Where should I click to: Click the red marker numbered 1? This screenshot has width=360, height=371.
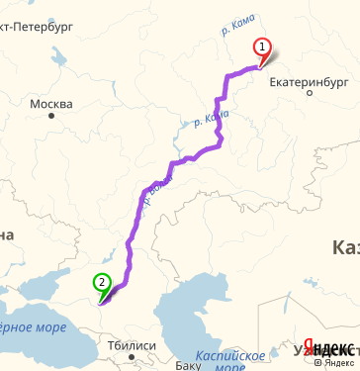coord(262,47)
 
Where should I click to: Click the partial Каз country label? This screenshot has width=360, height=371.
coord(345,246)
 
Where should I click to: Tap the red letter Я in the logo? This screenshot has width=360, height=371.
coord(309,347)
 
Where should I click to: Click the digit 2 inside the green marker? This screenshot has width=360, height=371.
coord(101,281)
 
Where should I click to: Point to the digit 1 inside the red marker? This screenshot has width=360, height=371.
coord(262,45)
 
